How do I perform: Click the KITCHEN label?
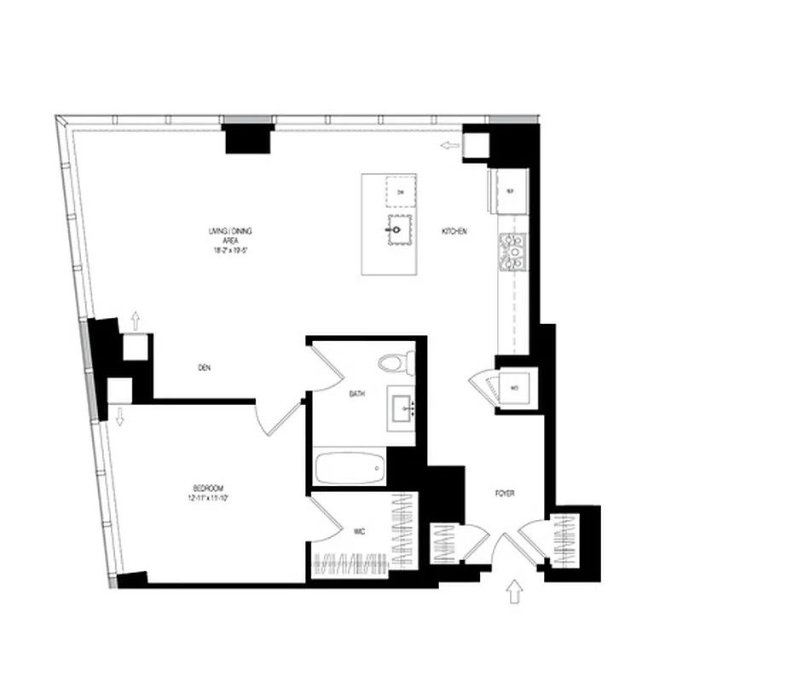pyautogui.click(x=454, y=233)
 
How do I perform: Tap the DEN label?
pyautogui.click(x=204, y=368)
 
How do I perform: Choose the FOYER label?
pyautogui.click(x=506, y=494)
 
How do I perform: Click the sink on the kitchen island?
pyautogui.click(x=397, y=229)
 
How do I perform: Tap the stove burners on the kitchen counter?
pyautogui.click(x=515, y=252)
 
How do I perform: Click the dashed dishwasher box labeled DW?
pyautogui.click(x=401, y=192)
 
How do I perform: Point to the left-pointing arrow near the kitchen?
pyautogui.click(x=449, y=147)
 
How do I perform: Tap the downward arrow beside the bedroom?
pyautogui.click(x=119, y=417)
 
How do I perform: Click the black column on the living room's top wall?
pyautogui.click(x=248, y=139)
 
